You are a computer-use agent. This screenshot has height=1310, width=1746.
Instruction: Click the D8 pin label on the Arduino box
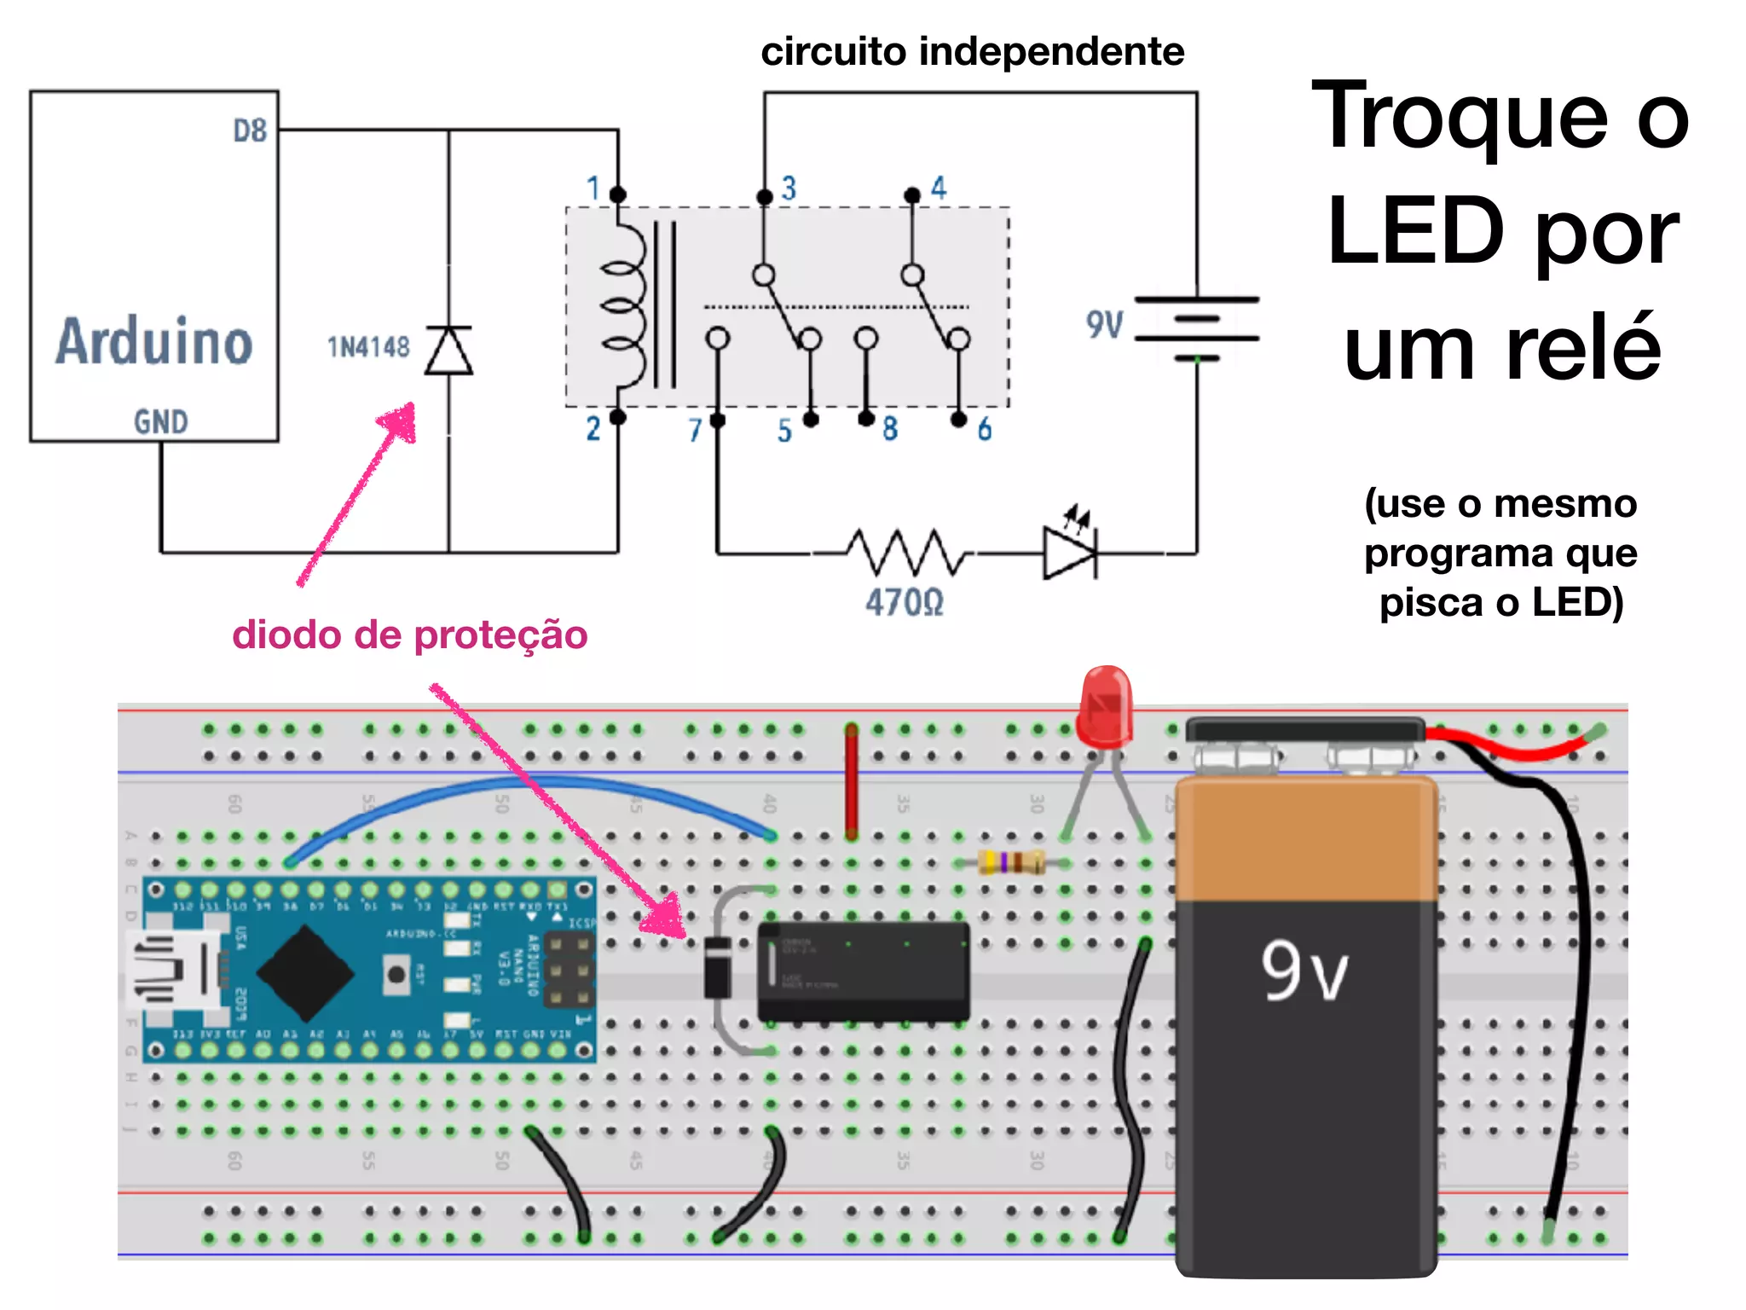[x=250, y=130]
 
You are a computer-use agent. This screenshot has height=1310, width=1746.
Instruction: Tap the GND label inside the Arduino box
[x=160, y=421]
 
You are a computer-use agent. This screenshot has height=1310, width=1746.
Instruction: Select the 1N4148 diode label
[x=368, y=347]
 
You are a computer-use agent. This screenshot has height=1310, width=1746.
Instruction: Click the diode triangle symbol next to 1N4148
[x=448, y=351]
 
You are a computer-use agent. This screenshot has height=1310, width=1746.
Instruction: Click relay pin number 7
[x=695, y=430]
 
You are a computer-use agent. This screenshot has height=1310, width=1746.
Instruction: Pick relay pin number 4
[x=938, y=188]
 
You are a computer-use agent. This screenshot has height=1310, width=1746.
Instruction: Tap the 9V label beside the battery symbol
[x=1104, y=325]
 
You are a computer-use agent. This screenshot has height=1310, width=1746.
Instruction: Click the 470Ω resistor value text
[x=905, y=603]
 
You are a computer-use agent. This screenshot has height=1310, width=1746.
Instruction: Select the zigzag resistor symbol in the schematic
[x=906, y=553]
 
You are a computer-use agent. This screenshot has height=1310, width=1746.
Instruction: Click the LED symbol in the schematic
[x=1070, y=551]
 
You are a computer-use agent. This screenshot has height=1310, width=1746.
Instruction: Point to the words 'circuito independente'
[x=972, y=52]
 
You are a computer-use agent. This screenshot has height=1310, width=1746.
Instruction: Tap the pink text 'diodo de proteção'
[x=409, y=635]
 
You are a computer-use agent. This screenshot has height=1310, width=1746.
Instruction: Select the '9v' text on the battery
[x=1304, y=971]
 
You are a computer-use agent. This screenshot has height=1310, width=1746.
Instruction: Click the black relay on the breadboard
[x=863, y=971]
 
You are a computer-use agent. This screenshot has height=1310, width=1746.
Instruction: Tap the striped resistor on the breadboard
[x=1011, y=862]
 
